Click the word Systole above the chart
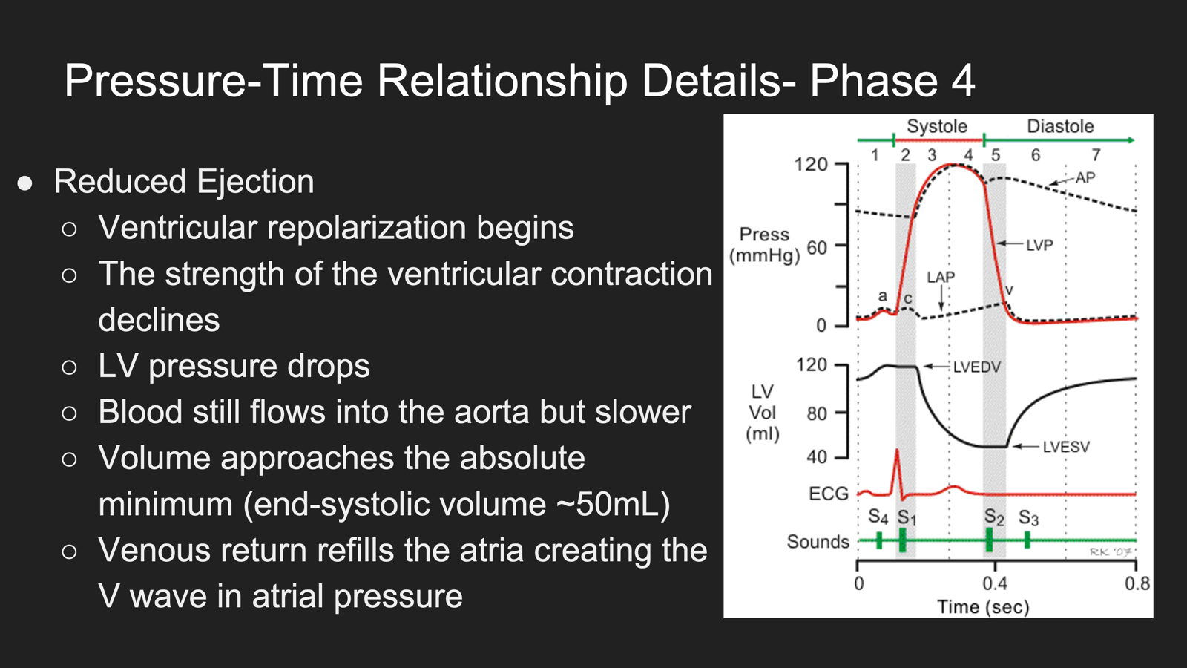coord(937,126)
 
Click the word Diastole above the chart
coord(1060,126)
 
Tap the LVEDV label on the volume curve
coord(976,367)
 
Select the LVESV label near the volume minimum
coord(1066,447)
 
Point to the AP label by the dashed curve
coord(1085,177)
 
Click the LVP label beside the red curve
coord(1039,245)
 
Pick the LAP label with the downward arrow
coord(941,277)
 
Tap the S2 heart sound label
coord(994,517)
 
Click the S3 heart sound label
coord(1028,517)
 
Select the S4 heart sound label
coord(878,517)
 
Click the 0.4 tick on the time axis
coord(995,583)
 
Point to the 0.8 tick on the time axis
coord(1137,583)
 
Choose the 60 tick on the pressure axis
coord(817,248)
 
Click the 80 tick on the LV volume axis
coord(817,413)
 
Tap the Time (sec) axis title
coord(983,606)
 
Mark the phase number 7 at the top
coord(1096,155)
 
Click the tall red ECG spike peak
coord(897,450)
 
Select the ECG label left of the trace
coord(829,494)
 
